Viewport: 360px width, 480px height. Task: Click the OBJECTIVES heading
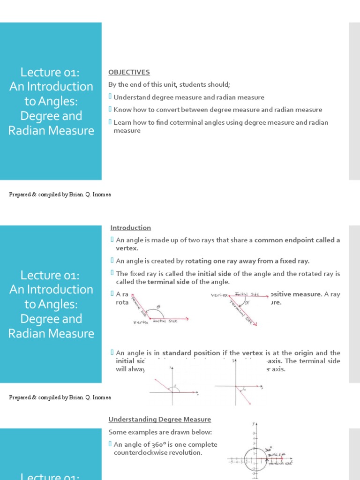click(129, 72)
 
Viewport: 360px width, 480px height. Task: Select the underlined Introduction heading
click(130, 228)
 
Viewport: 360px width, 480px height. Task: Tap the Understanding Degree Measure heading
click(159, 420)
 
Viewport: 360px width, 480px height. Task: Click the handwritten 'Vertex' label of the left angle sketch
click(141, 322)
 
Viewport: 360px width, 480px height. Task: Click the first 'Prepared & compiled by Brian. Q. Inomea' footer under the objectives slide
click(60, 195)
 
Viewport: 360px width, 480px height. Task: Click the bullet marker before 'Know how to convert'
click(111, 110)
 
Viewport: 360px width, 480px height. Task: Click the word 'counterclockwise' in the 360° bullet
click(141, 453)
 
